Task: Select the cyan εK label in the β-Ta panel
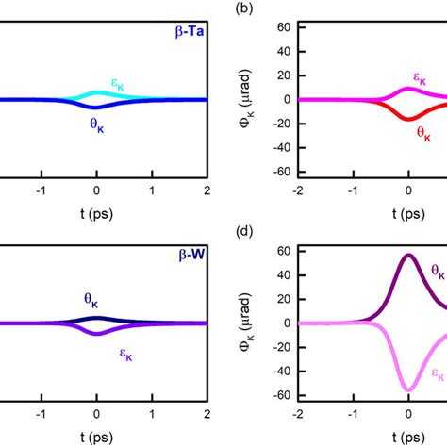point(119,87)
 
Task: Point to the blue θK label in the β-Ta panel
point(97,124)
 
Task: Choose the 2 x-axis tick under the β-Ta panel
point(206,189)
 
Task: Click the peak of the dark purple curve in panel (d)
point(408,255)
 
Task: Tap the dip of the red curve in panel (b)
point(408,119)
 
